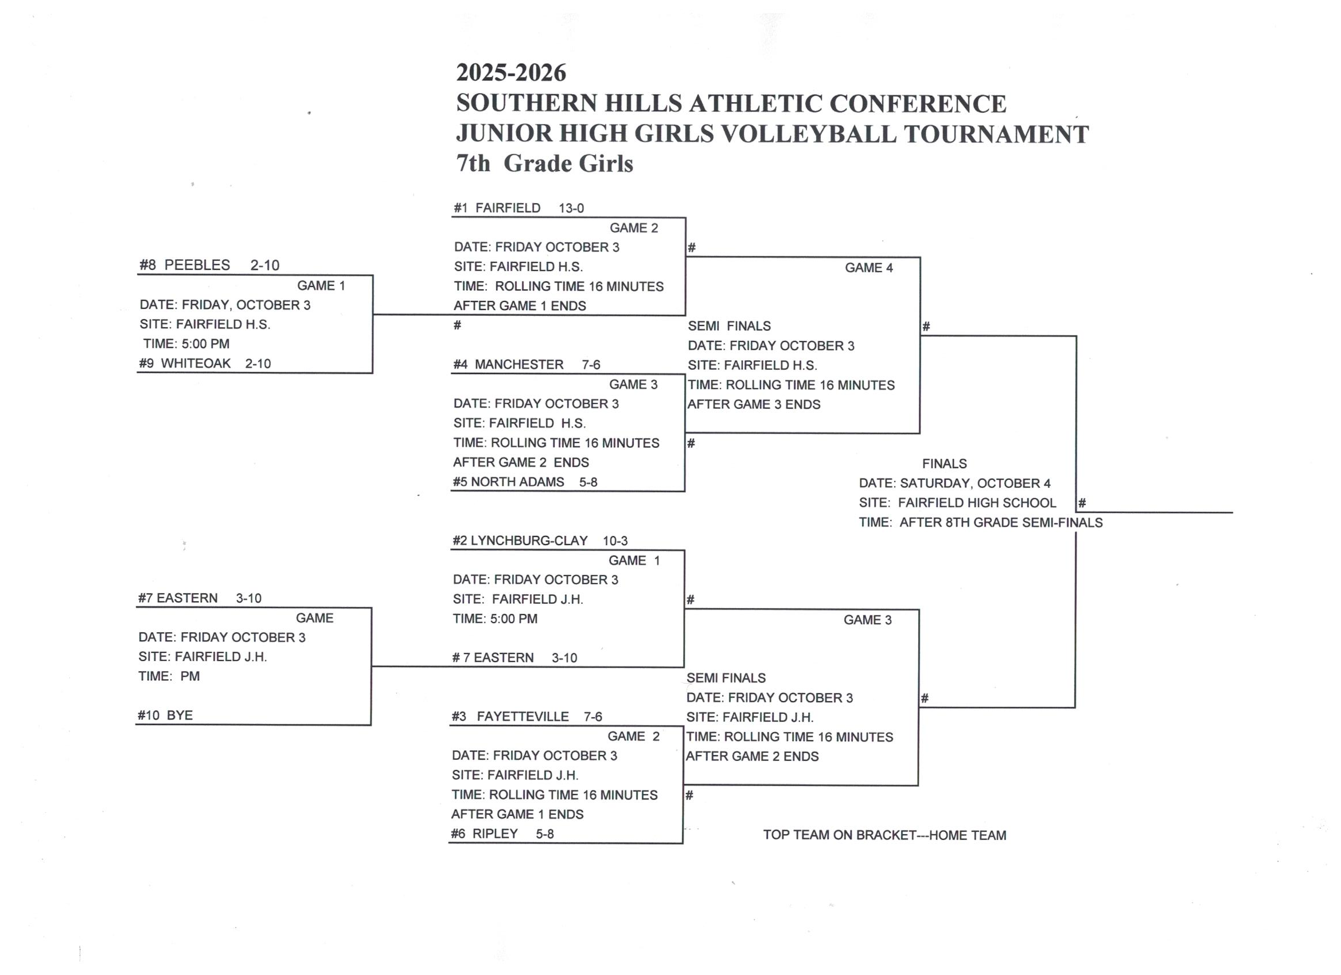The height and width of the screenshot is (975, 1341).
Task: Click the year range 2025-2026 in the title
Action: point(511,73)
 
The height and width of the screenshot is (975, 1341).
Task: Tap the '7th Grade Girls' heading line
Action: point(544,163)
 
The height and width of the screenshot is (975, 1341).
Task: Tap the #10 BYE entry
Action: point(166,715)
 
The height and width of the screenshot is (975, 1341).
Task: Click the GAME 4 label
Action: point(868,268)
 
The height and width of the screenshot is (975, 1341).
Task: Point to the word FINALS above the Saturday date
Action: point(944,463)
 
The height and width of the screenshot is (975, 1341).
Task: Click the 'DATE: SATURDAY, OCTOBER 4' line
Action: point(954,483)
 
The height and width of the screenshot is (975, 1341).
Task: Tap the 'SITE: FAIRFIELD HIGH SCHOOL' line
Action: point(957,502)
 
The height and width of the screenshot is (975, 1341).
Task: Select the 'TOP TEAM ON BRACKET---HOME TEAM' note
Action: point(884,835)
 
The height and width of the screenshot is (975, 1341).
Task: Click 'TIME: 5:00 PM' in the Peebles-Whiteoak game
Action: point(186,344)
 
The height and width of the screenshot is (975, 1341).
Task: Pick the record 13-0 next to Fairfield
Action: point(571,208)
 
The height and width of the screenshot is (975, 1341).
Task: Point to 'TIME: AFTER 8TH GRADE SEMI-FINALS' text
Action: point(980,522)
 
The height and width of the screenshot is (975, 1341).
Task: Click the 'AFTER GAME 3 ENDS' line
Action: point(754,404)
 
